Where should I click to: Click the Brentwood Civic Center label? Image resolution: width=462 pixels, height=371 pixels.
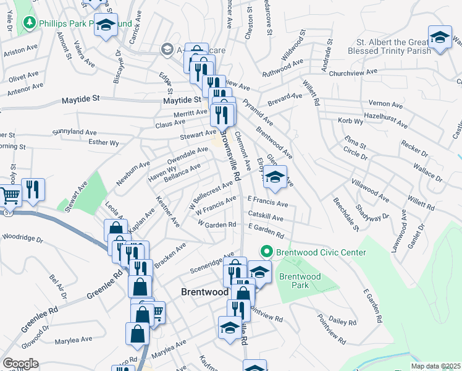(x=321, y=252)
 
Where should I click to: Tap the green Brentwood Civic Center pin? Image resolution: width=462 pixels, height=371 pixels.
(x=267, y=252)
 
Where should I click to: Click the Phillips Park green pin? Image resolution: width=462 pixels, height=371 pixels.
(x=28, y=23)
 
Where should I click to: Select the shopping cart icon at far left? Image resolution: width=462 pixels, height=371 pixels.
(x=9, y=195)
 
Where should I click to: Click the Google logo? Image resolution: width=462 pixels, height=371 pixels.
(x=20, y=364)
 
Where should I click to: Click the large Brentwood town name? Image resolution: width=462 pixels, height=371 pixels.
(x=205, y=291)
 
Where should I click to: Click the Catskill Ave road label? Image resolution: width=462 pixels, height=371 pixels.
(x=266, y=217)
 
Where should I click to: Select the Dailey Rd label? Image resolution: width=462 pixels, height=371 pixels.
(x=343, y=322)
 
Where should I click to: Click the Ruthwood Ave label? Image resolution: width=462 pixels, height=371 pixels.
(x=282, y=70)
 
